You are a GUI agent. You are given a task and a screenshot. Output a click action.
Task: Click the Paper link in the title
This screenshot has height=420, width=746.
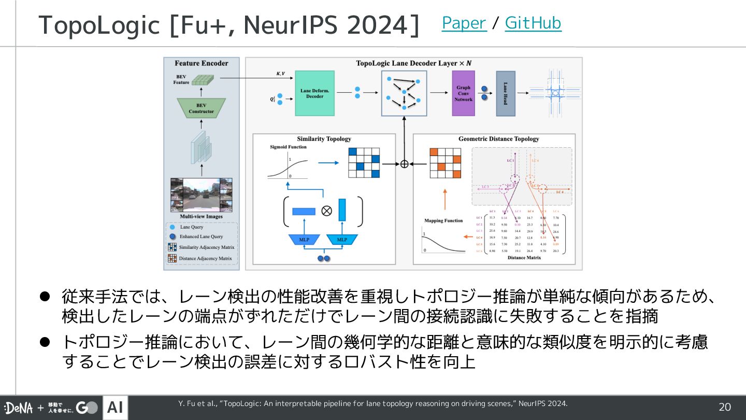click(464, 23)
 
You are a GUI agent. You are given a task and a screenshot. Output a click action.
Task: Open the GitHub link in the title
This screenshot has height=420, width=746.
click(533, 23)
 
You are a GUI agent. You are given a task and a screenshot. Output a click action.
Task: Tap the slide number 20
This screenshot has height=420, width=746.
click(724, 407)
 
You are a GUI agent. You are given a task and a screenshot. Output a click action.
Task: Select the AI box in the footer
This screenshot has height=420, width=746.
click(115, 408)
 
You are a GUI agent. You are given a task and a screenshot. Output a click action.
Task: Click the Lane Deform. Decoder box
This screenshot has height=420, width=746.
click(315, 93)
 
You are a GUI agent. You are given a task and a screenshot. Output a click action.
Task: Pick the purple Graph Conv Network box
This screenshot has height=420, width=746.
click(463, 93)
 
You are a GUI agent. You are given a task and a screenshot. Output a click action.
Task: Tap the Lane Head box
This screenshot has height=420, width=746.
click(505, 93)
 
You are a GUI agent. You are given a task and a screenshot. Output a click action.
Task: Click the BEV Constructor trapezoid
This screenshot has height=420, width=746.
click(201, 108)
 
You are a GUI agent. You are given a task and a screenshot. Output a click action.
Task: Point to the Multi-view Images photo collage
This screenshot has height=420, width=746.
click(202, 195)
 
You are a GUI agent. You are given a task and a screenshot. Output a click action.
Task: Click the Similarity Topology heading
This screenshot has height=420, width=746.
click(324, 139)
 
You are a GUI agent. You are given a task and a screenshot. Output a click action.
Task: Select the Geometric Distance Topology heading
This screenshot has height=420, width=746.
click(498, 139)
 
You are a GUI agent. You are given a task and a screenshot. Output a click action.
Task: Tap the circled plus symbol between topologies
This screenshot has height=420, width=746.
click(405, 164)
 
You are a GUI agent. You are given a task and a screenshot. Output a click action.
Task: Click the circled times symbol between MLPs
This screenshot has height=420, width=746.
click(326, 211)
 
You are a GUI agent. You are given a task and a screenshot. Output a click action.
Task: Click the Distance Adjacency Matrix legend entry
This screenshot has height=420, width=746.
click(205, 258)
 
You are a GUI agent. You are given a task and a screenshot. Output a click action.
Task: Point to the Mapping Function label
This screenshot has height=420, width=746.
click(443, 220)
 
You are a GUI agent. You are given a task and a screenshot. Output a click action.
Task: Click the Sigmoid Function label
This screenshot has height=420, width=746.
click(288, 147)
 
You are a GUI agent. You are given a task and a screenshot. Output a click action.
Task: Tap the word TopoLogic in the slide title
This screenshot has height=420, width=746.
click(99, 25)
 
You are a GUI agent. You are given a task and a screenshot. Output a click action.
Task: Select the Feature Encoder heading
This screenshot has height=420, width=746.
click(202, 63)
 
